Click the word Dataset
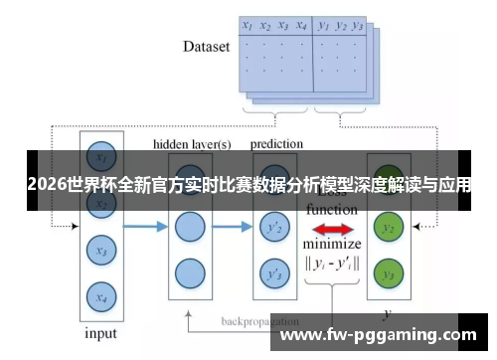206,46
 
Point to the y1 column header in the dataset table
323,26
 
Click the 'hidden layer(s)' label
192,144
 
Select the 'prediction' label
276,144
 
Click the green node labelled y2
389,229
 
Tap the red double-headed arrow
331,228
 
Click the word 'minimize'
332,245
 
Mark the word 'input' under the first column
99,332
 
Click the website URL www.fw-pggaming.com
380,335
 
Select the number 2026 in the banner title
49,185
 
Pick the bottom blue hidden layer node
189,272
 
